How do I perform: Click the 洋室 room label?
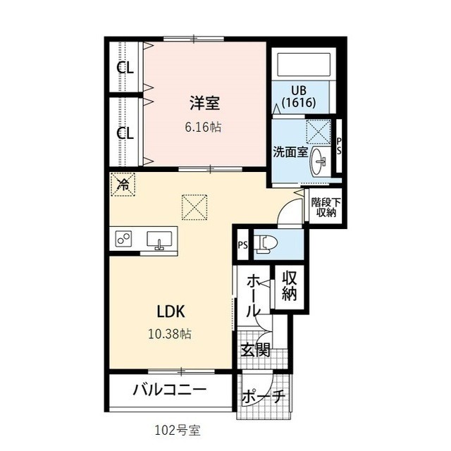click(205, 103)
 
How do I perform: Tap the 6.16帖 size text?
click(205, 128)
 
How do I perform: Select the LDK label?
click(170, 311)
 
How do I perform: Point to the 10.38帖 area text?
click(170, 333)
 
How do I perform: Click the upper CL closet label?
click(125, 68)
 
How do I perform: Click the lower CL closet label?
click(125, 133)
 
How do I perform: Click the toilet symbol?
click(267, 244)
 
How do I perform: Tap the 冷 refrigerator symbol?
click(123, 185)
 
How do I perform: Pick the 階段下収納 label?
click(324, 206)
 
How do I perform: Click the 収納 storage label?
click(290, 285)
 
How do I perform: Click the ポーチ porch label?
click(263, 397)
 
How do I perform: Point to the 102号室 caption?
click(173, 428)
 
